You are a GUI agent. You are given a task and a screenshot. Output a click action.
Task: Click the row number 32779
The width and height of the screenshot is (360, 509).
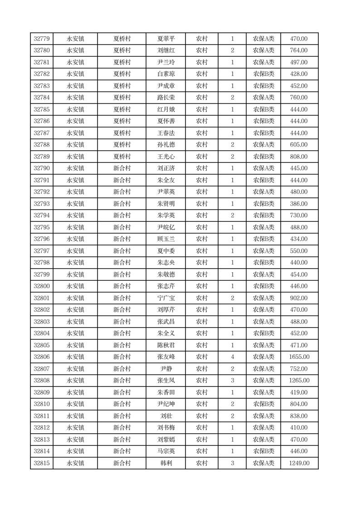pos(42,39)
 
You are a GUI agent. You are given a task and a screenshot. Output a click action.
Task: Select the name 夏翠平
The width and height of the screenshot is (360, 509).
pos(166,39)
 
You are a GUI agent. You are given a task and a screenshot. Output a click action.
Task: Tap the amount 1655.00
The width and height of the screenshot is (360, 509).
pos(299,357)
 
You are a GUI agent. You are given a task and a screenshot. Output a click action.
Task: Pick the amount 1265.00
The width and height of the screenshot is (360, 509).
pos(299,381)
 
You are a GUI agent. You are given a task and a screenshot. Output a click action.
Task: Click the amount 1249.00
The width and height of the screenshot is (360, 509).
pos(299,463)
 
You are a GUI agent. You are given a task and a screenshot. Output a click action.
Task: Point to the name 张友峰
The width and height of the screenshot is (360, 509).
pos(166,357)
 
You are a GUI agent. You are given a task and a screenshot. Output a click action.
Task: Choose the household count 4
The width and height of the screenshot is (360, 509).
pos(232,357)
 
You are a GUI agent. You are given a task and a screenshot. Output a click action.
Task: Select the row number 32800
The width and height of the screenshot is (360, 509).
pos(42,286)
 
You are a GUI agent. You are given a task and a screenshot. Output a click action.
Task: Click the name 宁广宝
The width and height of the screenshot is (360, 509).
pos(166,298)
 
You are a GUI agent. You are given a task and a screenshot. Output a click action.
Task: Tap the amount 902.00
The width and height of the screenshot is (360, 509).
pos(299,298)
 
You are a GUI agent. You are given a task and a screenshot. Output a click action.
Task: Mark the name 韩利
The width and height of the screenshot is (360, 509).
pos(166,463)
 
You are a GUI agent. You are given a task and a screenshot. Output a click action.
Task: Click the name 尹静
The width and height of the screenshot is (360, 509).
pos(166,369)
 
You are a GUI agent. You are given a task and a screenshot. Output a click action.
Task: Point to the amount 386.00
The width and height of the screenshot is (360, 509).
pos(299,204)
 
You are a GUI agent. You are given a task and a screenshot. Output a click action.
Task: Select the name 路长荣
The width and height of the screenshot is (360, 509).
pos(166,98)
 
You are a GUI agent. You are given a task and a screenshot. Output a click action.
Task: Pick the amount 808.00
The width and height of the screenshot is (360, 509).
pos(299,157)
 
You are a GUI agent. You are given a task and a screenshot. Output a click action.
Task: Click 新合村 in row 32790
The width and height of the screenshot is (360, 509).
pos(122,168)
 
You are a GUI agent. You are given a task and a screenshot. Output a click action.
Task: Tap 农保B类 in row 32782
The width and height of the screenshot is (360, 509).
pos(263,74)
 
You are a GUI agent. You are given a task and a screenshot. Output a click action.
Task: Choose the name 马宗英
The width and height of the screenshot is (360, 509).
pos(166,451)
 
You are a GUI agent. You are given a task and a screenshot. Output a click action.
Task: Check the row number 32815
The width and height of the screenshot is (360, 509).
pos(42,463)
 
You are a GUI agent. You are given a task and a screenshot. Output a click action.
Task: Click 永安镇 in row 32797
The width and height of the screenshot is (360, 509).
pos(75,251)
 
